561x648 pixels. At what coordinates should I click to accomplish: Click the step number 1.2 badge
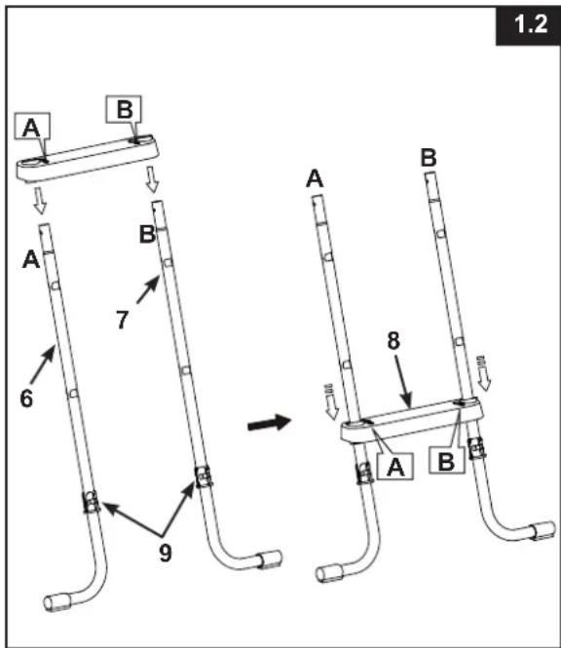[x=528, y=24]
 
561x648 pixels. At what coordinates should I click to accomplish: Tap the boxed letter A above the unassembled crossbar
[x=32, y=126]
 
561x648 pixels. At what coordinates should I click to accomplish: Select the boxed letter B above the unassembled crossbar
[x=124, y=109]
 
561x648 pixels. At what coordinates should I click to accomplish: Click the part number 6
[x=26, y=399]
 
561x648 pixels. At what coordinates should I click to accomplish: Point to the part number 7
[x=123, y=320]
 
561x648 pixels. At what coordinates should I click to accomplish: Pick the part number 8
[x=393, y=340]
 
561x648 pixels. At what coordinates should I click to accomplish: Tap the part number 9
[x=166, y=553]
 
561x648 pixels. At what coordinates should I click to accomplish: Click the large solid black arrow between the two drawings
[x=270, y=423]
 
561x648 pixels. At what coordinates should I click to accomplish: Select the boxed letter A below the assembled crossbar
[x=395, y=467]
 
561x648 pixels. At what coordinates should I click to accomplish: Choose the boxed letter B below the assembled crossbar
[x=447, y=460]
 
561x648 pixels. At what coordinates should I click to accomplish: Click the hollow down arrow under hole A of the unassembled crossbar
[x=40, y=201]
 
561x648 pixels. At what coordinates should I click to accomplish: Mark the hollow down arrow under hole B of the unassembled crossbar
[x=153, y=179]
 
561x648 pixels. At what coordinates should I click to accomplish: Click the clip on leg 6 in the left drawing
[x=92, y=501]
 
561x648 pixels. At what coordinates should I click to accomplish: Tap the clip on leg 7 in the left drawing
[x=204, y=476]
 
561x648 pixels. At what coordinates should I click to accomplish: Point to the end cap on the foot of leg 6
[x=57, y=602]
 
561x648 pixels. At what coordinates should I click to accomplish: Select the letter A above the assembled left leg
[x=315, y=179]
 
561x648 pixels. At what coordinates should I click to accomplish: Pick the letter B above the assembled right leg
[x=429, y=158]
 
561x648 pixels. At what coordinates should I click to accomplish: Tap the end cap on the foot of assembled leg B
[x=542, y=531]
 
